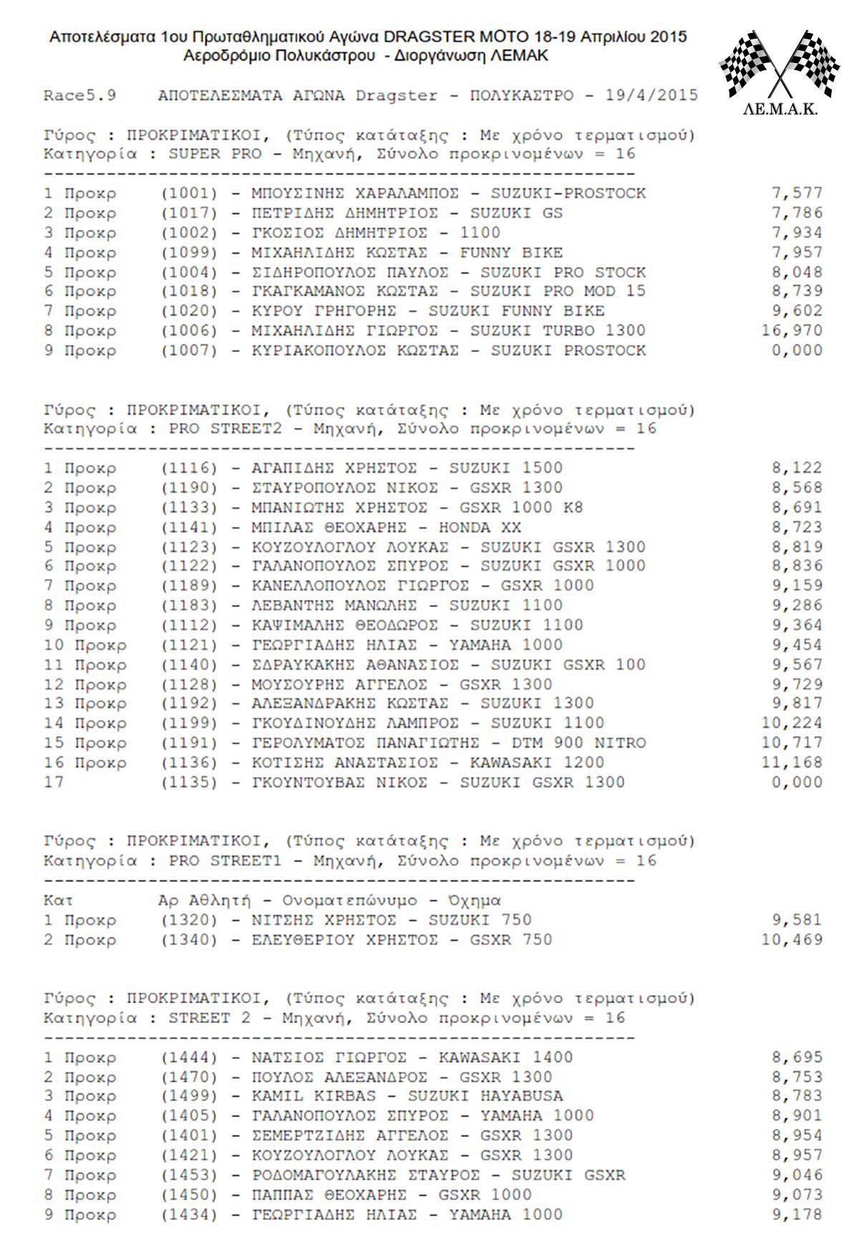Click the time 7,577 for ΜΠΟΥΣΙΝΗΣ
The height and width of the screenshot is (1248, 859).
click(797, 193)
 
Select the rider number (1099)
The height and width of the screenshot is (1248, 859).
click(189, 253)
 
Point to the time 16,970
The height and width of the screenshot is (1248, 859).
click(792, 331)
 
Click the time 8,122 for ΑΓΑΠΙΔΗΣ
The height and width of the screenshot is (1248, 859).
click(797, 468)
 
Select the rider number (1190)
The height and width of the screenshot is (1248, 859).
click(189, 488)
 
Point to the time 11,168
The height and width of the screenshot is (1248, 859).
click(792, 763)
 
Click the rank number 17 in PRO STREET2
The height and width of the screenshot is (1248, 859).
click(54, 783)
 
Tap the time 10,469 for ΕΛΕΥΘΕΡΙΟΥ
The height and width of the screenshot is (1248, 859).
click(792, 940)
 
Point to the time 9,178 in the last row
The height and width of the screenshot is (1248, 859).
click(797, 1215)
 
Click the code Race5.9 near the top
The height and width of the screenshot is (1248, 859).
click(79, 96)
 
